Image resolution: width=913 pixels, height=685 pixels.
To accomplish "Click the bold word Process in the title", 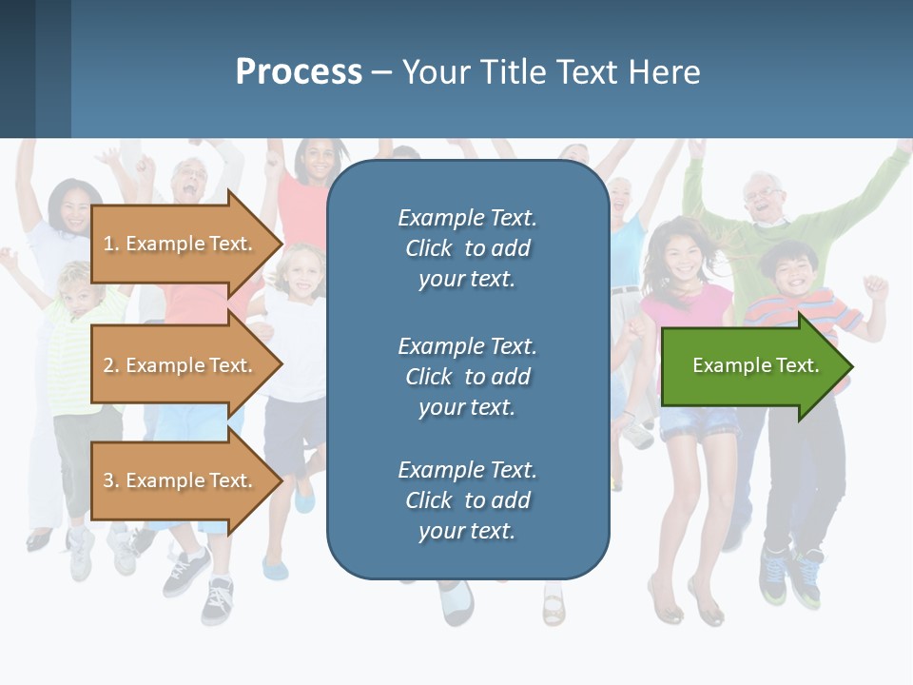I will [x=299, y=72].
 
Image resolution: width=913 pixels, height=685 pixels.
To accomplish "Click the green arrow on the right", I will [x=756, y=365].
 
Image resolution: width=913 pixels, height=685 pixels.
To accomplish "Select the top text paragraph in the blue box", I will [x=467, y=248].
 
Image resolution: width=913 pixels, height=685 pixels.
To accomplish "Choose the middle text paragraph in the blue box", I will [x=467, y=377].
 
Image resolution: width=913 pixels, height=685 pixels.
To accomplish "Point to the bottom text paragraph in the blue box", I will [x=467, y=500].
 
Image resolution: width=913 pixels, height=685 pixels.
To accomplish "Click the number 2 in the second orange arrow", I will [x=108, y=365].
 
